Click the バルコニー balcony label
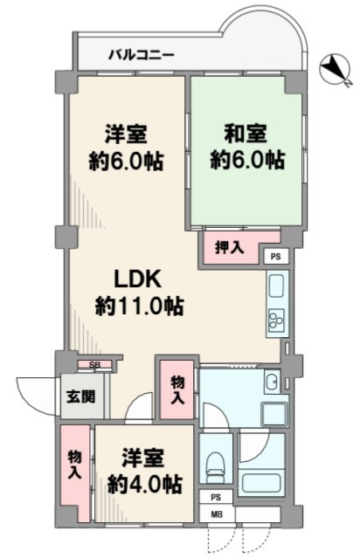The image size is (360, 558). pos(142,56)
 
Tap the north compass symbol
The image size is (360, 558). pos(336,70)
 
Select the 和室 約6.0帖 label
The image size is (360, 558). pos(246,146)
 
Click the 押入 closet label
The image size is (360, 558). pos(230,247)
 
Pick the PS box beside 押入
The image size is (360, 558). pos(275,256)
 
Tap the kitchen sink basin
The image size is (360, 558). pos(276,286)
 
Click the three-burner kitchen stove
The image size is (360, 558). pos(276,319)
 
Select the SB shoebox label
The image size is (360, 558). pos(94,365)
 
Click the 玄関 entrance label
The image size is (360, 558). pos(81,396)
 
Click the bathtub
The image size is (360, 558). pos(262,481)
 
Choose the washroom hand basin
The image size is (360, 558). pos(273,382)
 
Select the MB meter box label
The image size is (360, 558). pos(217,513)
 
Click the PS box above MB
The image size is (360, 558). pos(216,497)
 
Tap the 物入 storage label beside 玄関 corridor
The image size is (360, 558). pos(177,389)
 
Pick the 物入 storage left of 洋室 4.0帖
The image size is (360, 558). pos(74,464)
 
